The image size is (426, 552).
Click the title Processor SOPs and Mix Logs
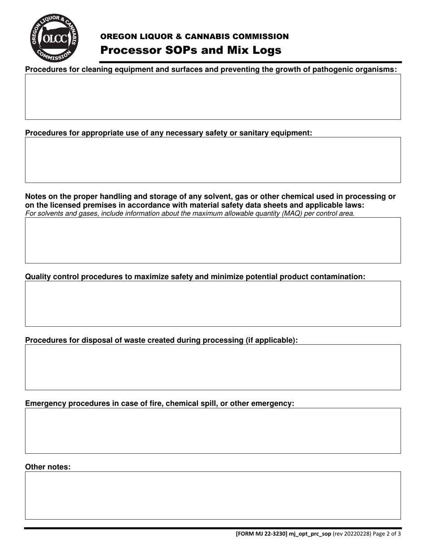tap(191, 50)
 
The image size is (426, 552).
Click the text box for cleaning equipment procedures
tap(213, 96)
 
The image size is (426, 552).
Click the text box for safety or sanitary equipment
tap(213, 160)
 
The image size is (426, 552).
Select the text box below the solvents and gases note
tap(213, 240)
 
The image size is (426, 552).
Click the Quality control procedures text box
tap(213, 304)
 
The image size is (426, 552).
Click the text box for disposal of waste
tap(213, 367)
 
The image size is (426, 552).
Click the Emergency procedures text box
tap(213, 431)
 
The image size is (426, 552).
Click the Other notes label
tap(48, 467)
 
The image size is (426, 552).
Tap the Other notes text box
tap(213, 495)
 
